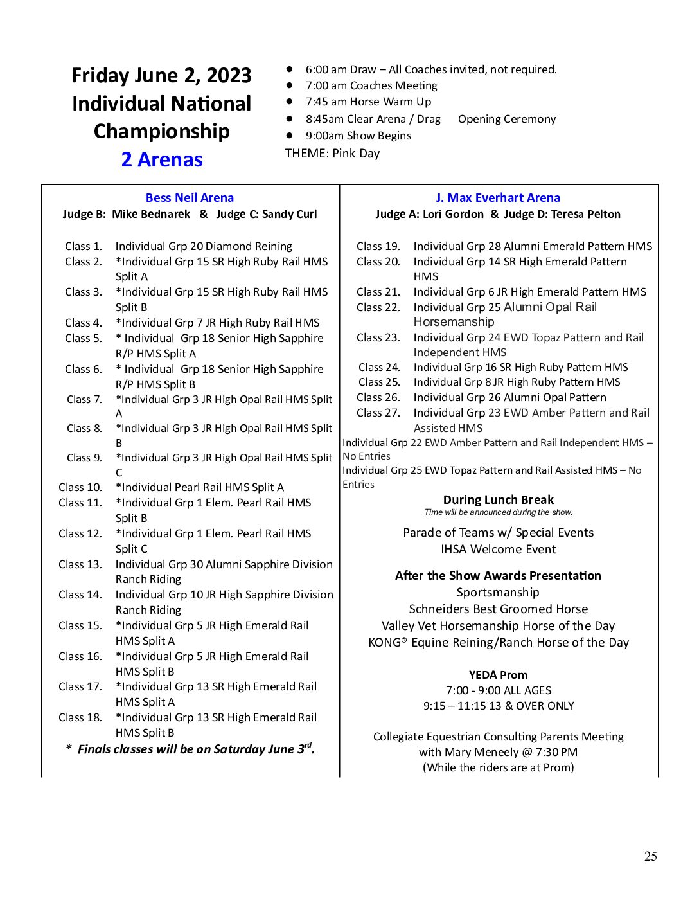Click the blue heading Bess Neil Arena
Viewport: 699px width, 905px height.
190,198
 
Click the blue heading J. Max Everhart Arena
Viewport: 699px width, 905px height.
498,198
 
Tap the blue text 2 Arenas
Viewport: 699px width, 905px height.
162,159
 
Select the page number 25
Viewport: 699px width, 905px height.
651,856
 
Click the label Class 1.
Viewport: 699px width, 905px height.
83,246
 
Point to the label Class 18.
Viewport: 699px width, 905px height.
80,717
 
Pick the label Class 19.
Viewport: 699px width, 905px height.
378,246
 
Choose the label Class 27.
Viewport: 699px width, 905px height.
378,413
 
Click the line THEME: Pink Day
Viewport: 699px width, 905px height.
333,154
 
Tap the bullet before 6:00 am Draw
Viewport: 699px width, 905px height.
290,69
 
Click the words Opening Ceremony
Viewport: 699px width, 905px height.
507,119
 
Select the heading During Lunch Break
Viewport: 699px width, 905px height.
499,500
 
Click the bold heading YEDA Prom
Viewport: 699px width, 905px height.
499,675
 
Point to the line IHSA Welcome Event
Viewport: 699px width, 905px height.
499,550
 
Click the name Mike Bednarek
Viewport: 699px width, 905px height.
151,214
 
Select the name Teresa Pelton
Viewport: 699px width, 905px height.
585,214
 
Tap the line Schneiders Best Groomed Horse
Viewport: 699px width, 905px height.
499,609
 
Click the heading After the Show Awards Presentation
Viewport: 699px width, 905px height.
499,576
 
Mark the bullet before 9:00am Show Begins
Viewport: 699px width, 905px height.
290,136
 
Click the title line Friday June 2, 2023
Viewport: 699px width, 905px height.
162,75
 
